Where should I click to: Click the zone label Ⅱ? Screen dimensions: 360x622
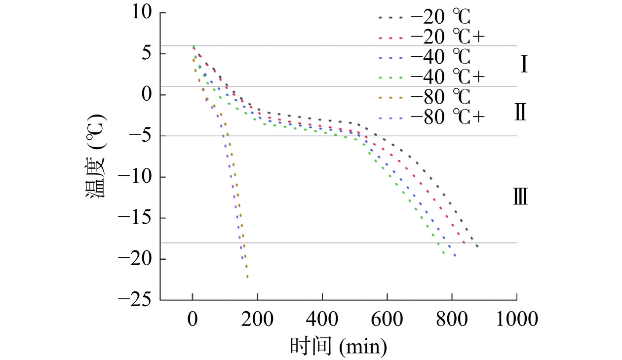click(x=521, y=113)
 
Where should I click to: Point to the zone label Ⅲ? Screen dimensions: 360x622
click(x=521, y=198)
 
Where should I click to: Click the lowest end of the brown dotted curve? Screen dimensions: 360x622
click(x=247, y=277)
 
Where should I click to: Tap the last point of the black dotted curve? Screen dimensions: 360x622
click(x=477, y=246)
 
